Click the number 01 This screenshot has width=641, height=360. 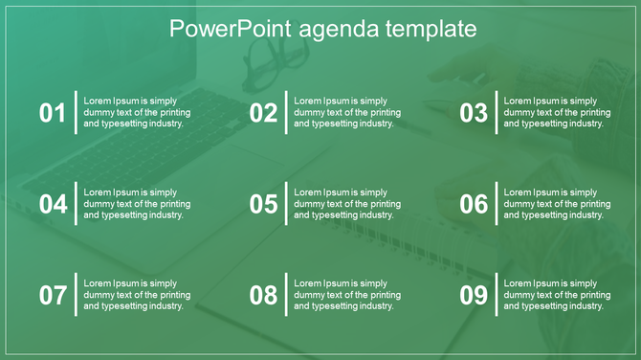coord(53,113)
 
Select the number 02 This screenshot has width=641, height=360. coord(263,113)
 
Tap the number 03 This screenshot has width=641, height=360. coord(474,113)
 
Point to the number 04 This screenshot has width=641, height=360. coord(53,204)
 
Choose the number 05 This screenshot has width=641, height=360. coord(263,204)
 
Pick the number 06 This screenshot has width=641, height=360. coord(474,204)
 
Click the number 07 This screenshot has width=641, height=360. coord(53,295)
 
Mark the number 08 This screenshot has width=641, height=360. coord(263,295)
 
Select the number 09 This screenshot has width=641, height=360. coord(474,295)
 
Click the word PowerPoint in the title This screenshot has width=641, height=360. coord(219,30)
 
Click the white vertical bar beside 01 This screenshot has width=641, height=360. coord(76,112)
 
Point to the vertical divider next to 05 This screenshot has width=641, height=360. coord(286,203)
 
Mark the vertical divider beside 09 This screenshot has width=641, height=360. coord(497,294)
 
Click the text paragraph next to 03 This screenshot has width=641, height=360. coord(557,112)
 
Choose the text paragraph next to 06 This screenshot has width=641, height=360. coord(557,204)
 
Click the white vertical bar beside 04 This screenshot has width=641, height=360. coord(76,203)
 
